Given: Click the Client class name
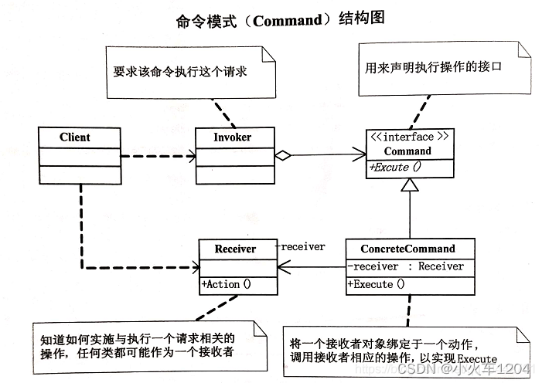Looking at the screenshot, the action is (75, 137).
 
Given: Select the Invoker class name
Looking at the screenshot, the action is (232, 137).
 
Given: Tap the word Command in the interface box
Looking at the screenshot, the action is (407, 151).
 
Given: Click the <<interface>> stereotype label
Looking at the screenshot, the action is (410, 137).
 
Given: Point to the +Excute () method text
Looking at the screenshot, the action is (395, 167).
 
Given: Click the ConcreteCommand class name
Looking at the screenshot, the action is (408, 249).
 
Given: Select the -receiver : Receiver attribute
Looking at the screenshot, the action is (405, 266).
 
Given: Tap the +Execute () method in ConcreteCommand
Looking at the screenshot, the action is (376, 284).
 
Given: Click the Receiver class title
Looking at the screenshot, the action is (235, 249).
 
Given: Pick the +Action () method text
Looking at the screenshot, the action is (227, 284).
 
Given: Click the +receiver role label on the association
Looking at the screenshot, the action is (300, 246).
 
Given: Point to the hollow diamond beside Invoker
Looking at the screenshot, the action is (283, 155).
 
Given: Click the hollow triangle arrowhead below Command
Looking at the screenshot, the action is (410, 185).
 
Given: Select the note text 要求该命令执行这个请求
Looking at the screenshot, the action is (179, 72).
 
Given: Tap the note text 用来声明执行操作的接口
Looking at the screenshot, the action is (433, 66).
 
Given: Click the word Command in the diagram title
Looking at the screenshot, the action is (288, 21).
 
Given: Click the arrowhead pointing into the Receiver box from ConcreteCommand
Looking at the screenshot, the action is (284, 267).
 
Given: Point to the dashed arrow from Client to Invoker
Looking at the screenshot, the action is (158, 156).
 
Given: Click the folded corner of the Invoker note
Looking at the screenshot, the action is (268, 55).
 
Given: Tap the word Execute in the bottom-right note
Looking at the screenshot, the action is (477, 359).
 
